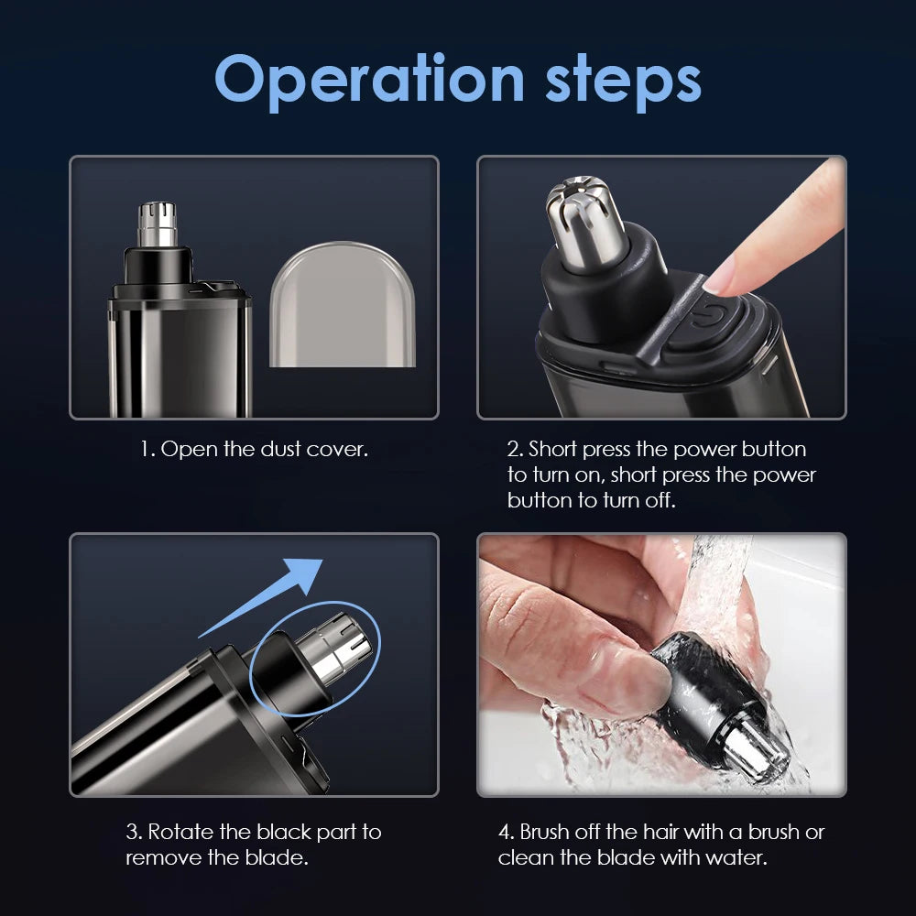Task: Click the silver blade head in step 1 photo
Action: click(157, 224)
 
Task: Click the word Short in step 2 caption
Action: click(553, 450)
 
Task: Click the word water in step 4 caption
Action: click(737, 858)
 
